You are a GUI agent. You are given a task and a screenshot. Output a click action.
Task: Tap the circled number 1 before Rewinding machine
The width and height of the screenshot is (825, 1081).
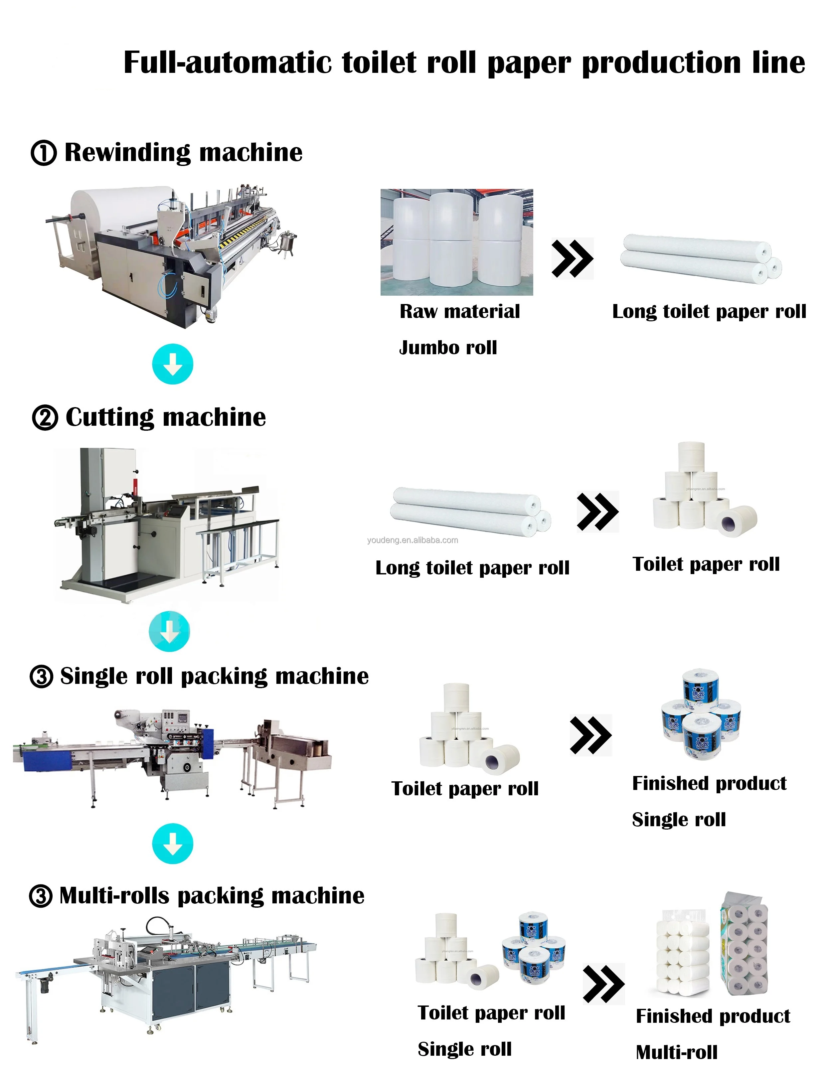coord(44,153)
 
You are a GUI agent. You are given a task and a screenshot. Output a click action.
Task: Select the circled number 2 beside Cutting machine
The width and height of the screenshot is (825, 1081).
coord(45,418)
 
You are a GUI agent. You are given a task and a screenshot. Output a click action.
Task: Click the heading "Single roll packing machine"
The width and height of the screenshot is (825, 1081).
coord(214,677)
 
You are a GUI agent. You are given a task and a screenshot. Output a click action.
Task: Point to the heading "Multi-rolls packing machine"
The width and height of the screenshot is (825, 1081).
coord(212,896)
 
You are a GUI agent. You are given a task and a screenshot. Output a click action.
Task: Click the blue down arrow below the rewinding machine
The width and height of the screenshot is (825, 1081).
coord(172,364)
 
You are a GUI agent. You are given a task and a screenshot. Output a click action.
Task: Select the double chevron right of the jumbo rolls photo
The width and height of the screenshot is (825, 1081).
coord(572,258)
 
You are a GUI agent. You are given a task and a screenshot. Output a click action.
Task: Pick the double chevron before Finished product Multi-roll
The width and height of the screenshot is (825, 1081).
coord(603,983)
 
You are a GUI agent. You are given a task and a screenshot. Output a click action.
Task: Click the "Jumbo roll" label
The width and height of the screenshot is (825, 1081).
coord(448,348)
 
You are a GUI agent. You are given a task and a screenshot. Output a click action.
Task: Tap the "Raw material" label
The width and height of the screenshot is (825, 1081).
coord(460,311)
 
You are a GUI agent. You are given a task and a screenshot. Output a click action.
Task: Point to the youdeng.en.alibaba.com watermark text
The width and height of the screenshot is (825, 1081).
coord(412,540)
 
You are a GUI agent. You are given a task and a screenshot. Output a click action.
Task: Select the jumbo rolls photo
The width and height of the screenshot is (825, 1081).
coord(457,242)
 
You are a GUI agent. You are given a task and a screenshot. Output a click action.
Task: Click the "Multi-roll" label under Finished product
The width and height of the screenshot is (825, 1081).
coord(676,1052)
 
